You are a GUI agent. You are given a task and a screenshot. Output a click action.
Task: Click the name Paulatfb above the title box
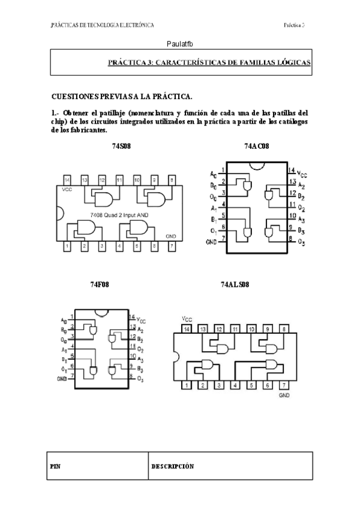(x=180, y=44)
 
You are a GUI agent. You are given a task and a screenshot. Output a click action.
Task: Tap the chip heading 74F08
(x=100, y=285)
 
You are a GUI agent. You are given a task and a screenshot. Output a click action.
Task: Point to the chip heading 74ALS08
(x=233, y=285)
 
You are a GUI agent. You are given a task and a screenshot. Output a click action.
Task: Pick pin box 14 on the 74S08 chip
(x=67, y=179)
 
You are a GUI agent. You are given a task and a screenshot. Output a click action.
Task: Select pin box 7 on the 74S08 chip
(x=172, y=246)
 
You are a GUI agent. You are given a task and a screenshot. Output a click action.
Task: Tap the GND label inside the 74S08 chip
(x=171, y=236)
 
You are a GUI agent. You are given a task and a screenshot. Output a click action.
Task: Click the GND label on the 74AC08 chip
(x=211, y=242)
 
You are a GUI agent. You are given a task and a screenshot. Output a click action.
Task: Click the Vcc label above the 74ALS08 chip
(x=187, y=319)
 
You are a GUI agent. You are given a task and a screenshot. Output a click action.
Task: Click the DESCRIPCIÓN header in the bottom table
(x=172, y=466)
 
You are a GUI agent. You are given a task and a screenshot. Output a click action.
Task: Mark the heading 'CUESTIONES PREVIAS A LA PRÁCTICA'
(x=122, y=96)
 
